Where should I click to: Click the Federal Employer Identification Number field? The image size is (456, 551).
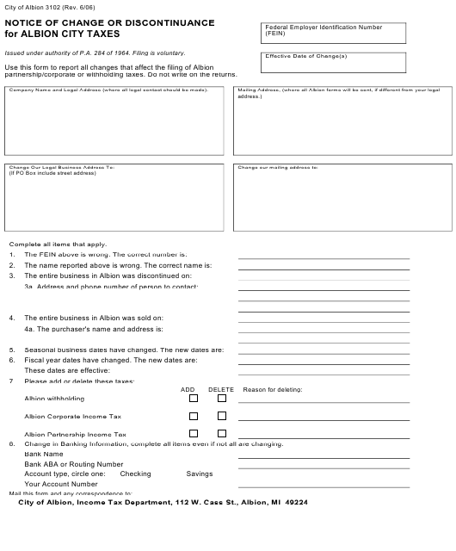click(356, 34)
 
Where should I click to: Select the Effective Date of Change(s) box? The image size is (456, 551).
click(356, 63)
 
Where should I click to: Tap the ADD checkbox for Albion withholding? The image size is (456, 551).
click(194, 398)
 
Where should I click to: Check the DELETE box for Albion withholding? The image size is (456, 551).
click(222, 398)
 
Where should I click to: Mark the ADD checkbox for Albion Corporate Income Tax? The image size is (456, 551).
click(194, 416)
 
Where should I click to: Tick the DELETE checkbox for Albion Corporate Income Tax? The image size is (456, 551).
click(222, 416)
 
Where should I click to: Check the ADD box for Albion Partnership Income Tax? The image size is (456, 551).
click(194, 434)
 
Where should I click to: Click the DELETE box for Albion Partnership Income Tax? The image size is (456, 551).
click(222, 434)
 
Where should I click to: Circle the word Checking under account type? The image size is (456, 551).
click(135, 474)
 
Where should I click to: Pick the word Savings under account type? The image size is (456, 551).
click(200, 474)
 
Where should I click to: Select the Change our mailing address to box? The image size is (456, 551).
click(342, 198)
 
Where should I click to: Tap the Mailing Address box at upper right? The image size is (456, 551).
click(342, 120)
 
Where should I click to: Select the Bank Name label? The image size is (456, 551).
click(44, 454)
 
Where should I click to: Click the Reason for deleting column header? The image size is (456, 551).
click(273, 389)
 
